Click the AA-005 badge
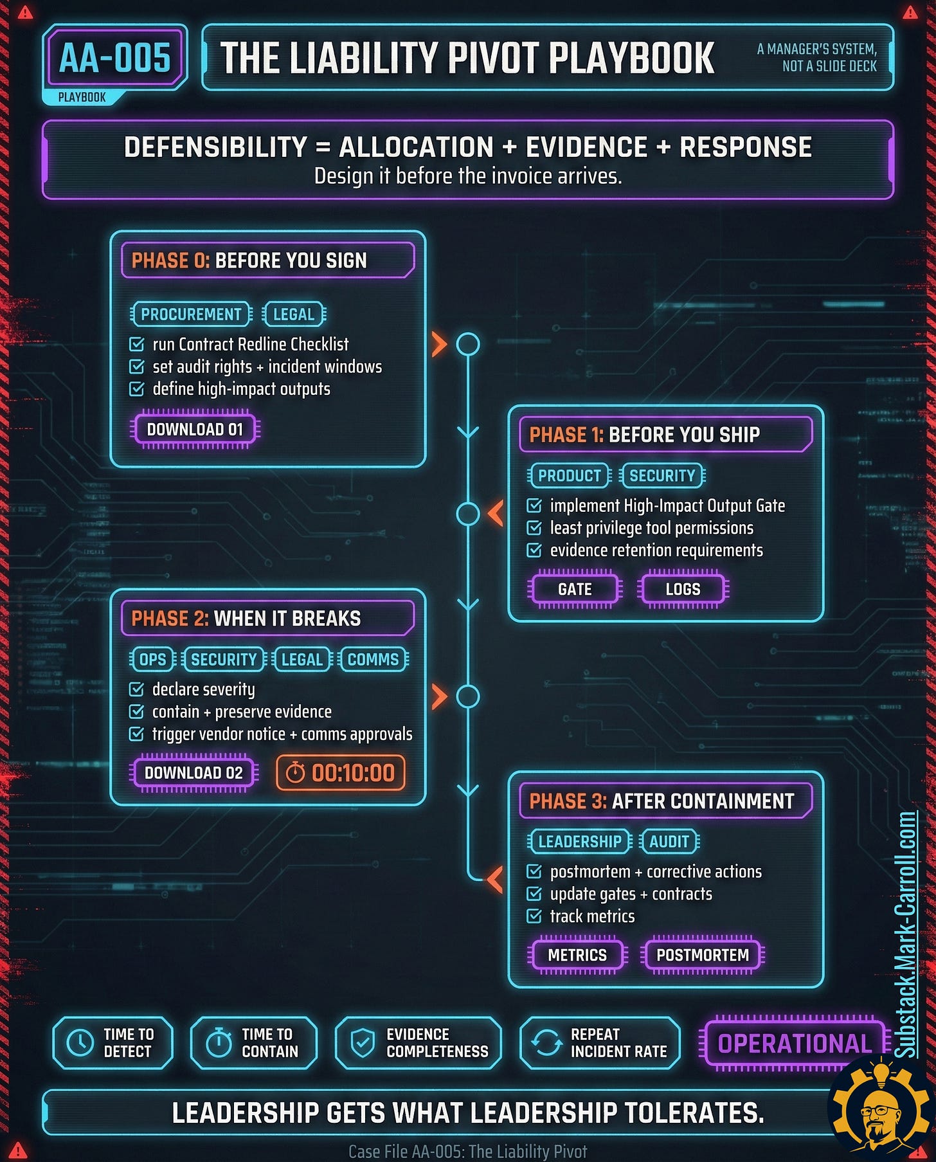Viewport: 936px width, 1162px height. click(x=115, y=57)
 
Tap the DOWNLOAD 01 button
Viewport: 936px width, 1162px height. click(x=195, y=429)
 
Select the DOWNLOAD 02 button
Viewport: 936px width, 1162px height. click(x=194, y=772)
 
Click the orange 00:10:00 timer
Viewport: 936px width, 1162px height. click(x=341, y=772)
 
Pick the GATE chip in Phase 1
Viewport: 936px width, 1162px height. click(x=575, y=589)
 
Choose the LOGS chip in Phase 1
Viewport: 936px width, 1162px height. click(x=683, y=589)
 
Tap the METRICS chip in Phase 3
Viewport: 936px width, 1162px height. click(x=577, y=955)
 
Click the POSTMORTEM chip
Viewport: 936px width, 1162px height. click(x=702, y=955)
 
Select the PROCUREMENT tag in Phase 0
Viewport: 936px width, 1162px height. click(x=191, y=314)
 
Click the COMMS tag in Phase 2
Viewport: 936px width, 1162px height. click(x=373, y=659)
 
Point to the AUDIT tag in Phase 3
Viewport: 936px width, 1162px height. click(x=669, y=841)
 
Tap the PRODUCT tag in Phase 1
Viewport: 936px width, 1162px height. click(x=569, y=475)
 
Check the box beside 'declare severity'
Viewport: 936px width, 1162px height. click(x=136, y=689)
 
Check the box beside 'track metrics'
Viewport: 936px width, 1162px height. click(x=534, y=916)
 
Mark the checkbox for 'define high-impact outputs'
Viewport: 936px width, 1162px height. click(x=136, y=389)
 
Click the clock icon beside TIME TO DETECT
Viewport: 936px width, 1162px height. click(x=80, y=1042)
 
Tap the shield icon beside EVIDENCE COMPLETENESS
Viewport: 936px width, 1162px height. click(x=363, y=1042)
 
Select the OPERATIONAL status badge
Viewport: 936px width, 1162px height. click(x=794, y=1043)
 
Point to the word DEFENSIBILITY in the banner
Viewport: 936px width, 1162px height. click(x=215, y=147)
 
